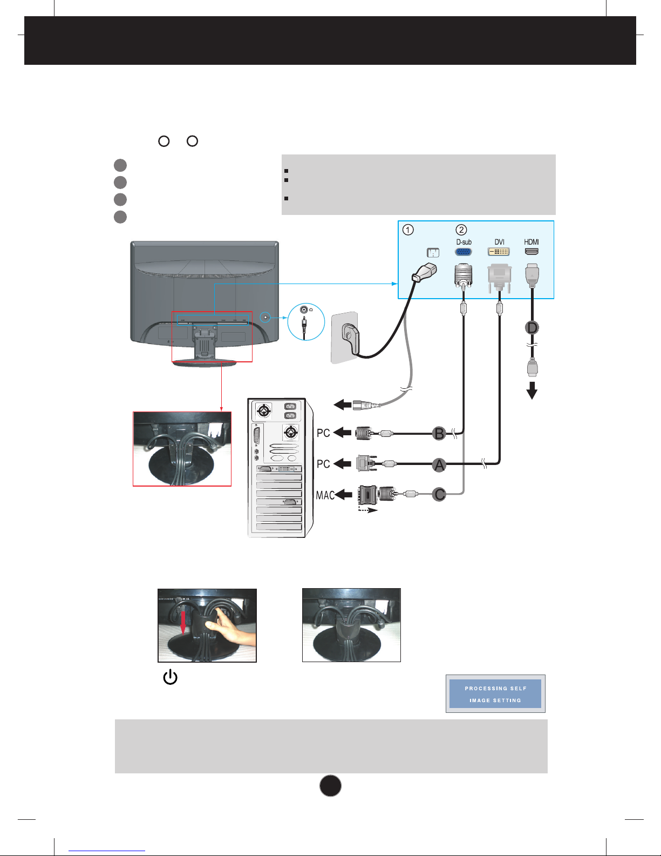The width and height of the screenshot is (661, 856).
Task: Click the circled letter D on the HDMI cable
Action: pos(532,328)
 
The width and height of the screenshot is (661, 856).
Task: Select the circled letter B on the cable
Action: pos(439,433)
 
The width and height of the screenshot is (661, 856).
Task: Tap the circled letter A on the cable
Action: pos(439,464)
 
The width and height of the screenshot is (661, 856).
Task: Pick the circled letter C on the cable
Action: pos(439,494)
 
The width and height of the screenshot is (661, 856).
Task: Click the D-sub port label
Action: pos(464,242)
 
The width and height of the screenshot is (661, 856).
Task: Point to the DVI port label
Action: pos(499,242)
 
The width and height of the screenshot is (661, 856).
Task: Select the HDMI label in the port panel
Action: pos(531,242)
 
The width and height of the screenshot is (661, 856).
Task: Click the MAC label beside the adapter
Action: pos(325,495)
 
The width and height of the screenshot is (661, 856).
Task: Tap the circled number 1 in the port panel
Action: pos(408,230)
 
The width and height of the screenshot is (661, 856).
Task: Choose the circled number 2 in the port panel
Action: pos(461,230)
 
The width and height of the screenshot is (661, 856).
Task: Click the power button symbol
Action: pos(170,677)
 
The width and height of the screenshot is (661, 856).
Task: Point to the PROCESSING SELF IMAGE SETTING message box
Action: pos(495,694)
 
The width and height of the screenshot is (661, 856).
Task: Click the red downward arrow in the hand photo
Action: pos(183,621)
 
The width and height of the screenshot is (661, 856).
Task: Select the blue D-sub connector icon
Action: pos(464,252)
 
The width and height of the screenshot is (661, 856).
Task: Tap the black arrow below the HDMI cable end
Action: pos(532,390)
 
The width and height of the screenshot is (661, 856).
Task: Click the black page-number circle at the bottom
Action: pos(330,786)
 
